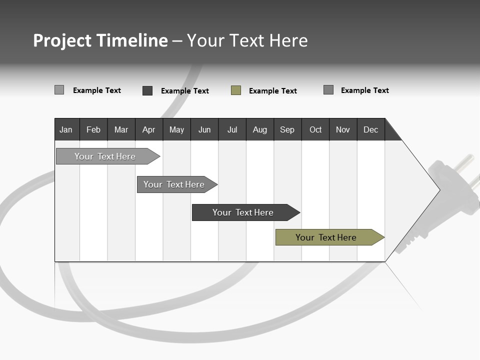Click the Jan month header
tap(66, 129)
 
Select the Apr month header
tap(148, 129)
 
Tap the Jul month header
tap(232, 129)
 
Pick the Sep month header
tap(287, 129)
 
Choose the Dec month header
tap(370, 129)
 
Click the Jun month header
tap(204, 129)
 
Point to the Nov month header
tap(342, 129)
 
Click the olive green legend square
tap(236, 90)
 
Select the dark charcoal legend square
tap(147, 90)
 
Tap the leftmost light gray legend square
tap(59, 90)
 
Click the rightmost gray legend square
tap(328, 90)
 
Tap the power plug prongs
tap(467, 167)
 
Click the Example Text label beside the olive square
tap(272, 91)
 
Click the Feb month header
tap(93, 129)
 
